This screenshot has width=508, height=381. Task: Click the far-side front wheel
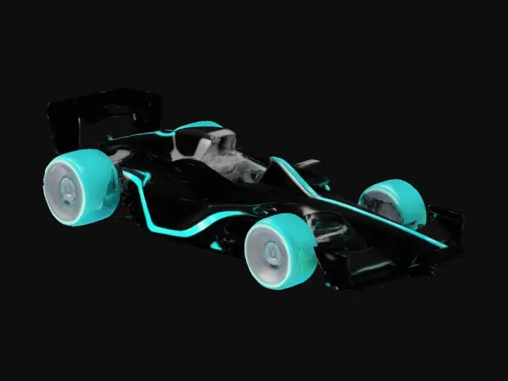[393, 202]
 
